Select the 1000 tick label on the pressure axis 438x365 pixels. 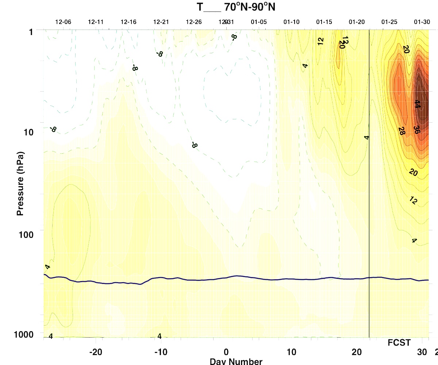(x=25, y=334)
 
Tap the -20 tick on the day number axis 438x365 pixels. (x=95, y=353)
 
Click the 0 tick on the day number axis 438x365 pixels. (x=226, y=353)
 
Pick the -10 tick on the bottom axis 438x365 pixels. (x=161, y=353)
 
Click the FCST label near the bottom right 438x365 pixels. (x=399, y=343)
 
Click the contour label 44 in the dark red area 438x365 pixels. (x=416, y=104)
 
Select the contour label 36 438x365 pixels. (x=415, y=130)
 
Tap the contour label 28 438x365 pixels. (x=401, y=131)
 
